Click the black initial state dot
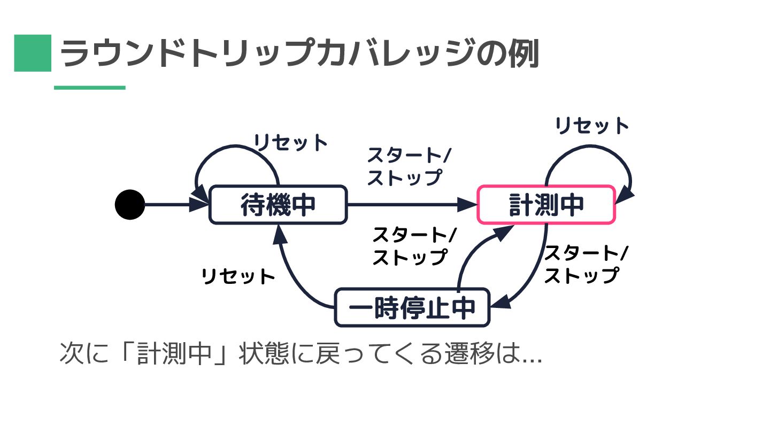(x=130, y=204)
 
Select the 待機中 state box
(x=278, y=205)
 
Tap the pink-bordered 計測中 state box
(x=546, y=205)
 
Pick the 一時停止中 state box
(x=412, y=308)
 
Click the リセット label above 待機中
(x=290, y=143)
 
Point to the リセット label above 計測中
(x=592, y=126)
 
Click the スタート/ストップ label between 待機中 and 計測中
(x=409, y=166)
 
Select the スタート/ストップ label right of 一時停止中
(x=586, y=264)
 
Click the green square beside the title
(x=33, y=53)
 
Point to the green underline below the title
(x=90, y=88)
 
